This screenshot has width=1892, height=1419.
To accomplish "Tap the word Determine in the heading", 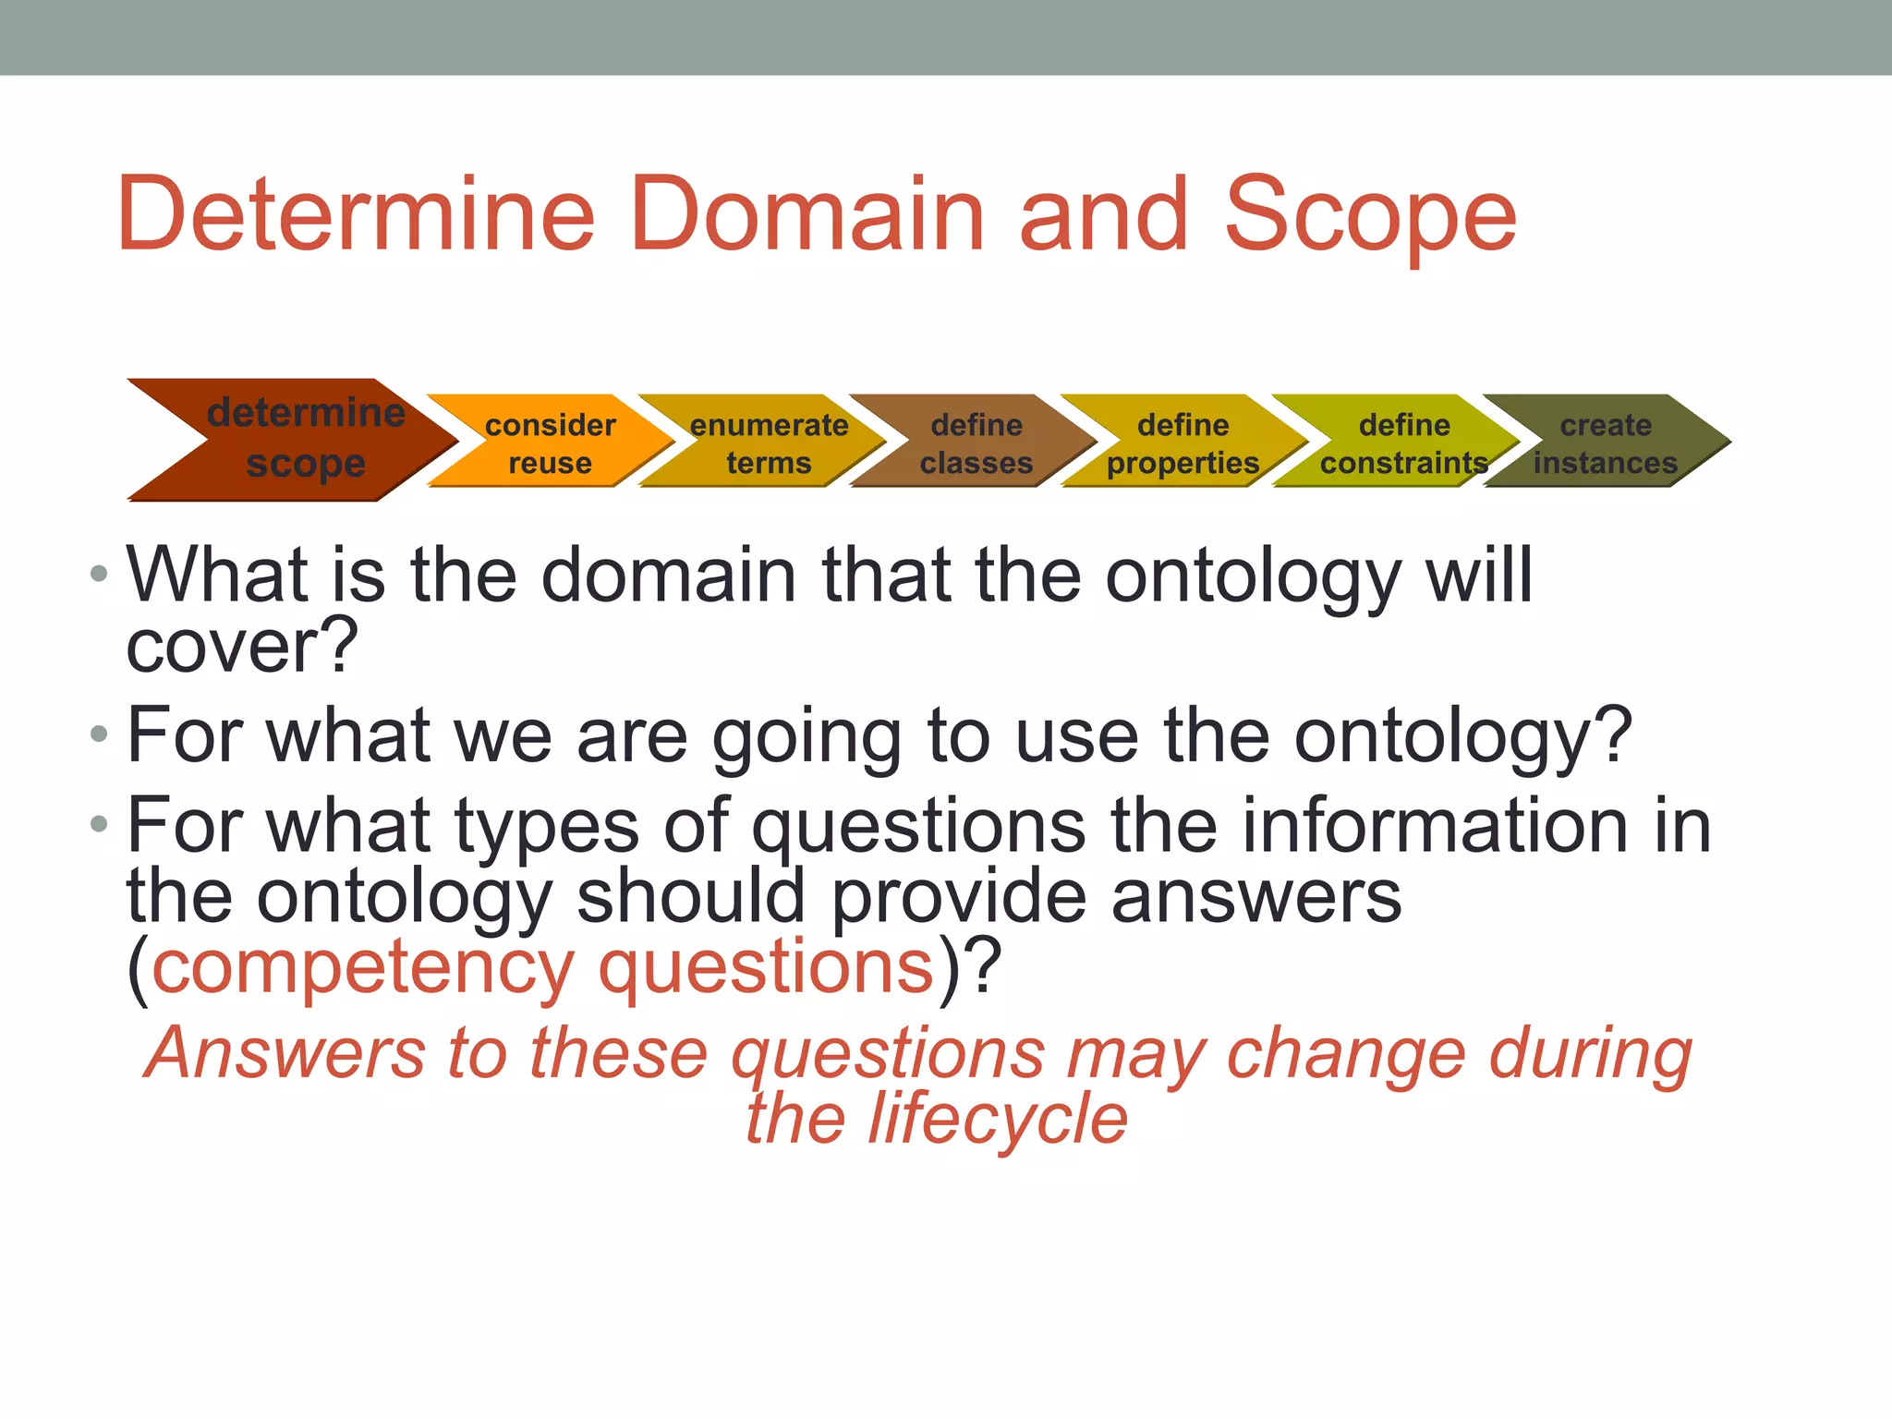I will pos(357,214).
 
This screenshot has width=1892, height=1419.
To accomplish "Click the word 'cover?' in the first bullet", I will pos(242,647).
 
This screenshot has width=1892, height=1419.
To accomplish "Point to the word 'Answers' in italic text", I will pos(286,1053).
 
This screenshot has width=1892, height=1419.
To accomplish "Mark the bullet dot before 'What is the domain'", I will pos(99,575).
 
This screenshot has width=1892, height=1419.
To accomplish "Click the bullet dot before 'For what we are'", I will pos(99,735).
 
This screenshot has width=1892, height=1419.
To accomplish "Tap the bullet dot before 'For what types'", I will pos(99,824).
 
